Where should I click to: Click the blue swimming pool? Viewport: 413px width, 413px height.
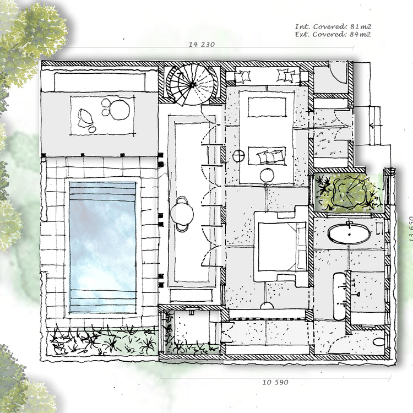[x=103, y=247]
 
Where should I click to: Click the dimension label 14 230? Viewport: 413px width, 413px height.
[x=202, y=44]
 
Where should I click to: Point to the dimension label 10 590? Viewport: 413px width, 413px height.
[x=275, y=382]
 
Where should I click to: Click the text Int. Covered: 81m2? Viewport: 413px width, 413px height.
[x=333, y=26]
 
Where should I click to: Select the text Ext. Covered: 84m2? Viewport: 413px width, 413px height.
[x=333, y=34]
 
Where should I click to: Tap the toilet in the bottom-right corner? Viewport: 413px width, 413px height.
[x=379, y=342]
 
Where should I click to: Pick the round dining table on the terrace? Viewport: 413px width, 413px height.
[x=182, y=213]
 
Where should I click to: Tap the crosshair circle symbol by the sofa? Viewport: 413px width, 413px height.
[x=239, y=155]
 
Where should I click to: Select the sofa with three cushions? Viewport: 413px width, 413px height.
[x=267, y=156]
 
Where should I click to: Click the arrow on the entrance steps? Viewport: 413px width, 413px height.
[x=375, y=126]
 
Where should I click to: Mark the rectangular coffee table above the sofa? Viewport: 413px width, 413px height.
[x=267, y=107]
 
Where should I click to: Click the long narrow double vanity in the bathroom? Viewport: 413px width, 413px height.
[x=340, y=296]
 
